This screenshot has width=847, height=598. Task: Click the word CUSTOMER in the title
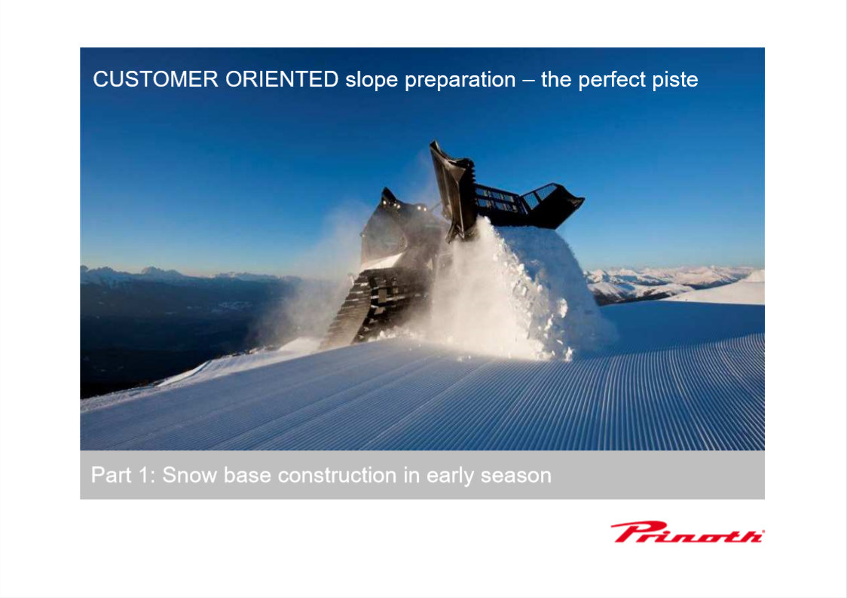155,79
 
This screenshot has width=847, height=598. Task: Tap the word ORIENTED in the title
282,79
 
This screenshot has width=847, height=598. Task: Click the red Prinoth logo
687,532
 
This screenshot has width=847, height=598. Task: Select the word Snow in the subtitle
190,475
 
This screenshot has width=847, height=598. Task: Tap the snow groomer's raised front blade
453,189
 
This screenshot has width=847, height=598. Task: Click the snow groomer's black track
373,307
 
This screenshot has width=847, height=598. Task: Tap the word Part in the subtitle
111,475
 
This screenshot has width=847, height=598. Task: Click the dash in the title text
529,81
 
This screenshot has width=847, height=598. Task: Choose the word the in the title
556,79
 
